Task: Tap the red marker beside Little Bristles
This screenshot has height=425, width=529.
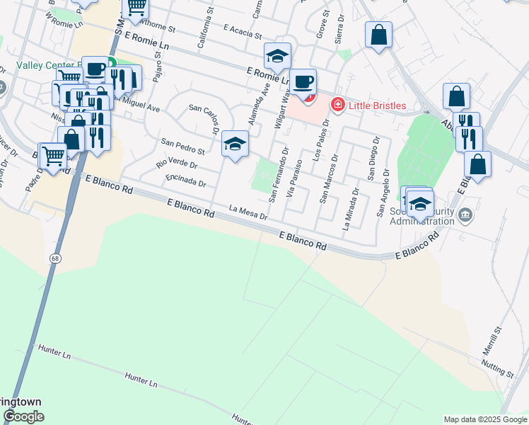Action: click(x=337, y=105)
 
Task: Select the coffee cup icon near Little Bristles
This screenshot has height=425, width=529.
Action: click(x=303, y=82)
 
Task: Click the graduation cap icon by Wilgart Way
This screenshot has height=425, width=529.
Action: click(x=278, y=56)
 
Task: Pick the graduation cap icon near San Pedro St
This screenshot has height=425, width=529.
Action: click(x=235, y=144)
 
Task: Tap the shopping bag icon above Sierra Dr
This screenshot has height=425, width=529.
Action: click(x=378, y=35)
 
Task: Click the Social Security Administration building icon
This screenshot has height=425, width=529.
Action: click(x=465, y=215)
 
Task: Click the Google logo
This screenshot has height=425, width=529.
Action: click(x=23, y=416)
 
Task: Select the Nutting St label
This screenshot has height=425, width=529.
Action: click(x=499, y=368)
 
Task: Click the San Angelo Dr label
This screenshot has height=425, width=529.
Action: click(x=383, y=192)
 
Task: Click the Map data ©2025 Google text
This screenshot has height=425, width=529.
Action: click(x=485, y=419)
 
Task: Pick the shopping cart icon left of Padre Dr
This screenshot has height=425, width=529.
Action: click(x=53, y=156)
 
